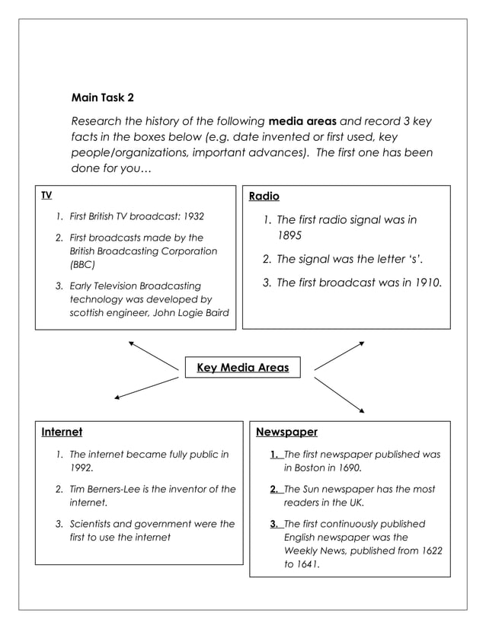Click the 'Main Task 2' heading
point(102,97)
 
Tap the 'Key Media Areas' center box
point(242,368)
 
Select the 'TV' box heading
point(46,196)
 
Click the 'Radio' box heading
point(264,196)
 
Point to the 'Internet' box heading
point(62,433)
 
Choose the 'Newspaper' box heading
point(286,433)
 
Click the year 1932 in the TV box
point(192,216)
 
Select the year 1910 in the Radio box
point(427,283)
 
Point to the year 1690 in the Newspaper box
point(348,468)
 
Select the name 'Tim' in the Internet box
point(79,489)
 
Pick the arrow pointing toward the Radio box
point(339,356)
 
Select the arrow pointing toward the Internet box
point(145,388)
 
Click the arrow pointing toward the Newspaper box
point(339,394)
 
